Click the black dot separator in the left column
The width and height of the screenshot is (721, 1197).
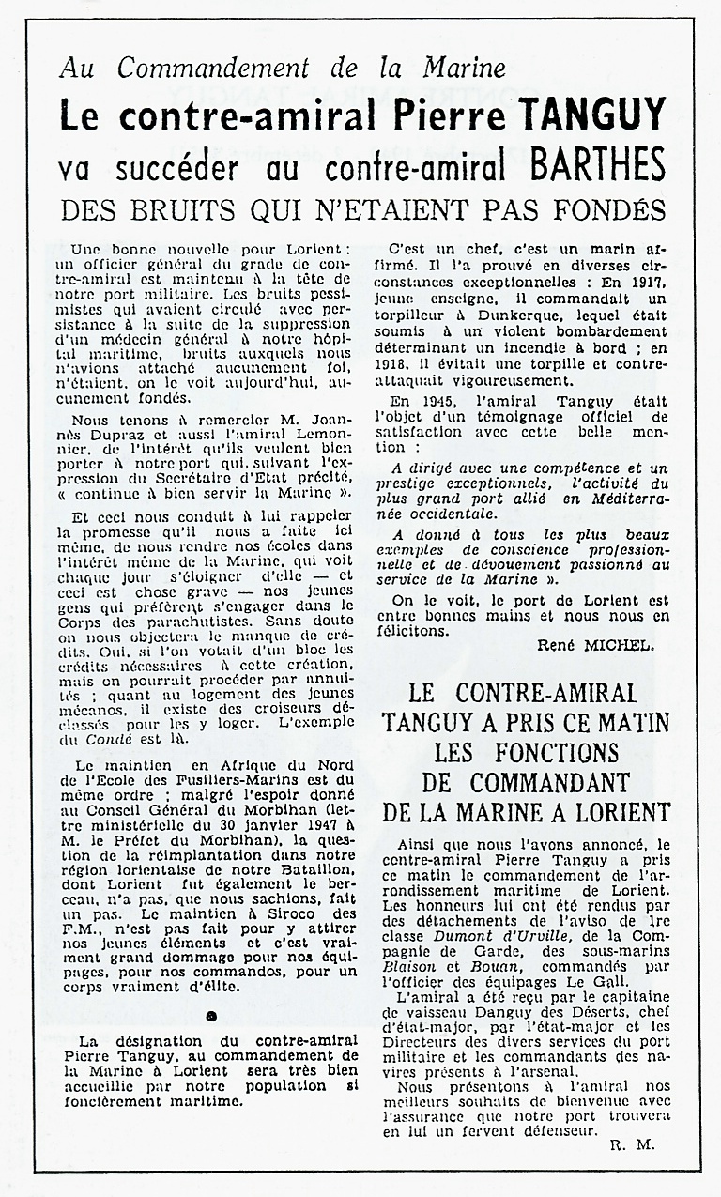[211, 1015]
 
